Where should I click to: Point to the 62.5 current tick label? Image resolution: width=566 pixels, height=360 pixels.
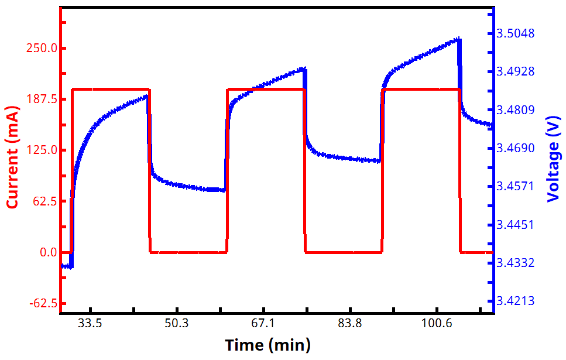(x=43, y=201)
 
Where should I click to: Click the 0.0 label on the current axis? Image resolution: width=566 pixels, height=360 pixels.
(x=46, y=252)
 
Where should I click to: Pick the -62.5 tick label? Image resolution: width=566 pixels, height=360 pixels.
(x=41, y=303)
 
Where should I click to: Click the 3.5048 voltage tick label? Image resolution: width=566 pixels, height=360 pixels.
(x=515, y=33)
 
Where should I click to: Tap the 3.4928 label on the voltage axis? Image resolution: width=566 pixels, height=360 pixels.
(x=515, y=71)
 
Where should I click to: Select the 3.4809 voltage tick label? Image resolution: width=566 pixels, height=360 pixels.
(x=515, y=110)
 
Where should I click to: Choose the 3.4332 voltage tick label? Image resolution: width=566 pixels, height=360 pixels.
(x=515, y=263)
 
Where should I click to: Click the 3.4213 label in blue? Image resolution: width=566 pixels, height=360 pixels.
(x=515, y=301)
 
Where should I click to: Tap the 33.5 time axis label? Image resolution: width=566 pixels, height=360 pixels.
(x=90, y=324)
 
